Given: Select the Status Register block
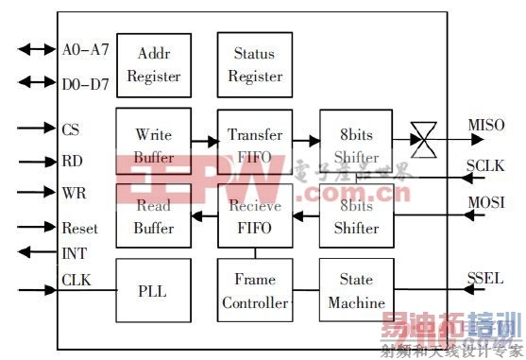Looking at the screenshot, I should (255, 63).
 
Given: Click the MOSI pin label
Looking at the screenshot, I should (486, 202).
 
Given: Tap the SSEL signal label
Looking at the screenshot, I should (485, 278).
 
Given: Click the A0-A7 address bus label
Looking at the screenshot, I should (85, 49).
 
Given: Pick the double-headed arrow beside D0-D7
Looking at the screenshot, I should (37, 83).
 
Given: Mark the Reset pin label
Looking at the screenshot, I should (79, 228).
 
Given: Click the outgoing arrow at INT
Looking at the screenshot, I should (37, 251).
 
